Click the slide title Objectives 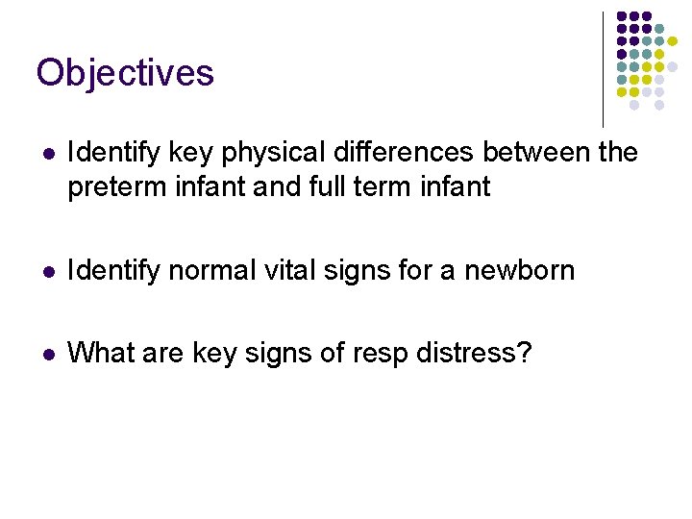pyautogui.click(x=125, y=73)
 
